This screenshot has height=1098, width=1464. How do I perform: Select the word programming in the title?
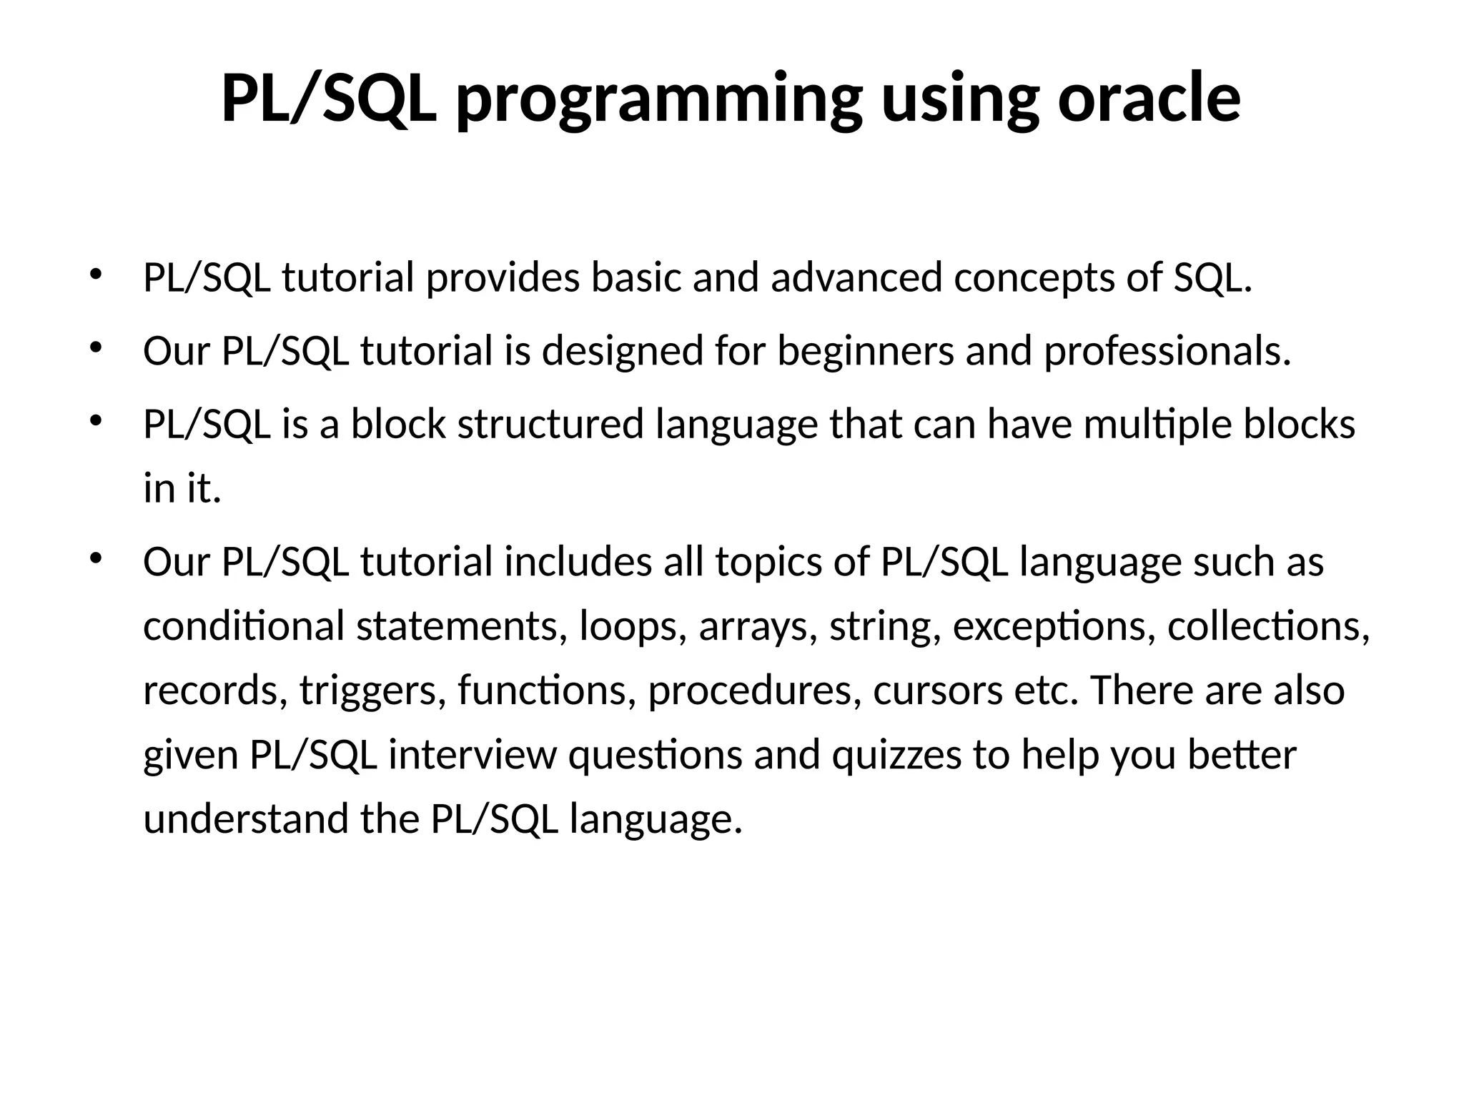point(658,101)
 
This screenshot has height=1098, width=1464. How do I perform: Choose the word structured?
point(550,424)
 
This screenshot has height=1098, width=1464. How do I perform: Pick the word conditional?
point(244,626)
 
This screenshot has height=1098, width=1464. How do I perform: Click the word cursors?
point(938,691)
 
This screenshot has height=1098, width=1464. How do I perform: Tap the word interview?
point(472,755)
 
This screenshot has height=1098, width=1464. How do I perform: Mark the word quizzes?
point(896,756)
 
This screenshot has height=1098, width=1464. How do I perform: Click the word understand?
point(246,819)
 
